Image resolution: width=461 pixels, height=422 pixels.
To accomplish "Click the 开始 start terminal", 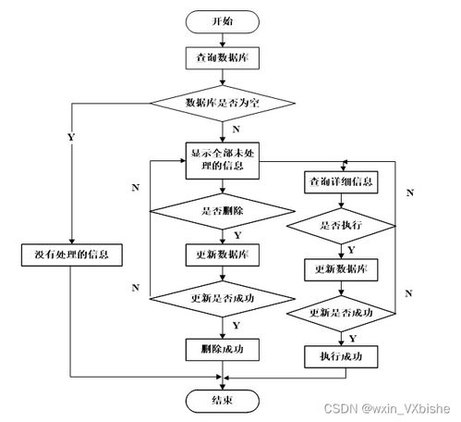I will click(x=223, y=19).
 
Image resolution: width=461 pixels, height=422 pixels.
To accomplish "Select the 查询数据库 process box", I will click(x=223, y=56).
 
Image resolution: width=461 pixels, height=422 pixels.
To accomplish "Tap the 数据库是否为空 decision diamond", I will click(x=223, y=102).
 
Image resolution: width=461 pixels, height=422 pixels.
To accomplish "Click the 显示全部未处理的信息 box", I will click(x=223, y=160).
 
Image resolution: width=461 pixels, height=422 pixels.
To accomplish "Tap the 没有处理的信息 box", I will click(x=71, y=253).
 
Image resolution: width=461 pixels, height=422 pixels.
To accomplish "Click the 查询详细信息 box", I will click(x=341, y=181).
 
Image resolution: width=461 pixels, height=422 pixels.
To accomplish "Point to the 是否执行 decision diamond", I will click(x=341, y=225).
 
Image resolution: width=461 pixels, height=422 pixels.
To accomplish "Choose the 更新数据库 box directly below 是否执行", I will click(x=341, y=268).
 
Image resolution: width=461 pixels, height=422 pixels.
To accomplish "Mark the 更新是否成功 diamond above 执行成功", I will click(x=341, y=313).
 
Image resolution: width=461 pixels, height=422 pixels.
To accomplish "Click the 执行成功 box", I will click(x=341, y=356).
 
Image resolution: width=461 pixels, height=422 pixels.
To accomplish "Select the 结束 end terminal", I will click(x=223, y=400).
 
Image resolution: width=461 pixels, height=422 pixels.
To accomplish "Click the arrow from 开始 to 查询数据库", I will click(x=223, y=38).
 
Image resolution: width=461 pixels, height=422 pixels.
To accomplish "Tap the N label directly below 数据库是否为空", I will click(x=237, y=129).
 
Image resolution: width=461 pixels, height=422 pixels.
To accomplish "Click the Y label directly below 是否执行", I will click(x=350, y=248).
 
